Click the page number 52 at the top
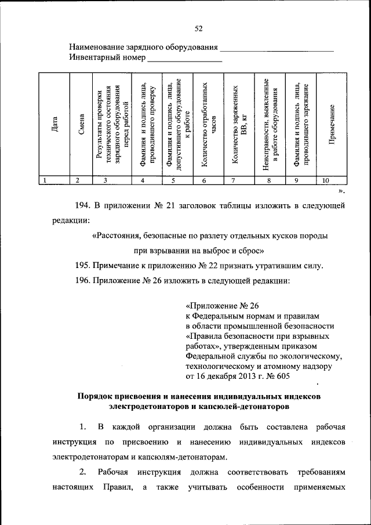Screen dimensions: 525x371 point(199,29)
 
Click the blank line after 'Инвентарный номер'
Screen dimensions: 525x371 point(185,60)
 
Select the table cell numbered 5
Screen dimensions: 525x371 point(173,180)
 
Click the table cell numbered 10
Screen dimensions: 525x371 point(326,180)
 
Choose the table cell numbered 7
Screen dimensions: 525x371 point(233,180)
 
